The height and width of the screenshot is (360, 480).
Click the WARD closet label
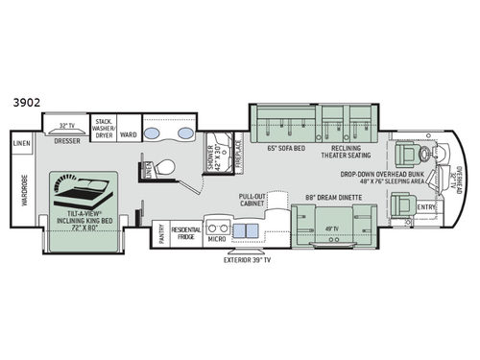coord(128,133)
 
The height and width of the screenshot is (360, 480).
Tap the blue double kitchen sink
coord(240,229)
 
